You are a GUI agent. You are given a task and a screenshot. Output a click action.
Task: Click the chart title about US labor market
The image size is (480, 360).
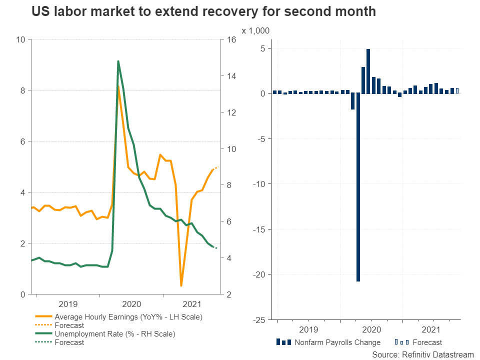pos(203,12)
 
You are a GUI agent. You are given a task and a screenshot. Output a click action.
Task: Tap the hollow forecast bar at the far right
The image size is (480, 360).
pos(457,91)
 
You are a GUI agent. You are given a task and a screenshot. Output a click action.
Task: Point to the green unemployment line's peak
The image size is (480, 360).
pos(118,61)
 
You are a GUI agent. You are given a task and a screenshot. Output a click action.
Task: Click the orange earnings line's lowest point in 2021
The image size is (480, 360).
pos(181,285)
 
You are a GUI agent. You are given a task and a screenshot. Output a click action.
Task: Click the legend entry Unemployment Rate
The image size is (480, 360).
pos(115,334)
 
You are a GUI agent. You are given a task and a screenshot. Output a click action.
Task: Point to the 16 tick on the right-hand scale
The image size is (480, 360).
pos(233,39)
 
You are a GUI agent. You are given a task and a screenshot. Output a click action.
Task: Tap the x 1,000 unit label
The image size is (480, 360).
pos(255,31)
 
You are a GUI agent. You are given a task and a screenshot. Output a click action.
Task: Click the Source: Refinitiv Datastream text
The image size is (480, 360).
pos(422,354)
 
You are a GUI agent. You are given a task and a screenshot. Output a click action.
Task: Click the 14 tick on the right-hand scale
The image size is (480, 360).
pos(233,76)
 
